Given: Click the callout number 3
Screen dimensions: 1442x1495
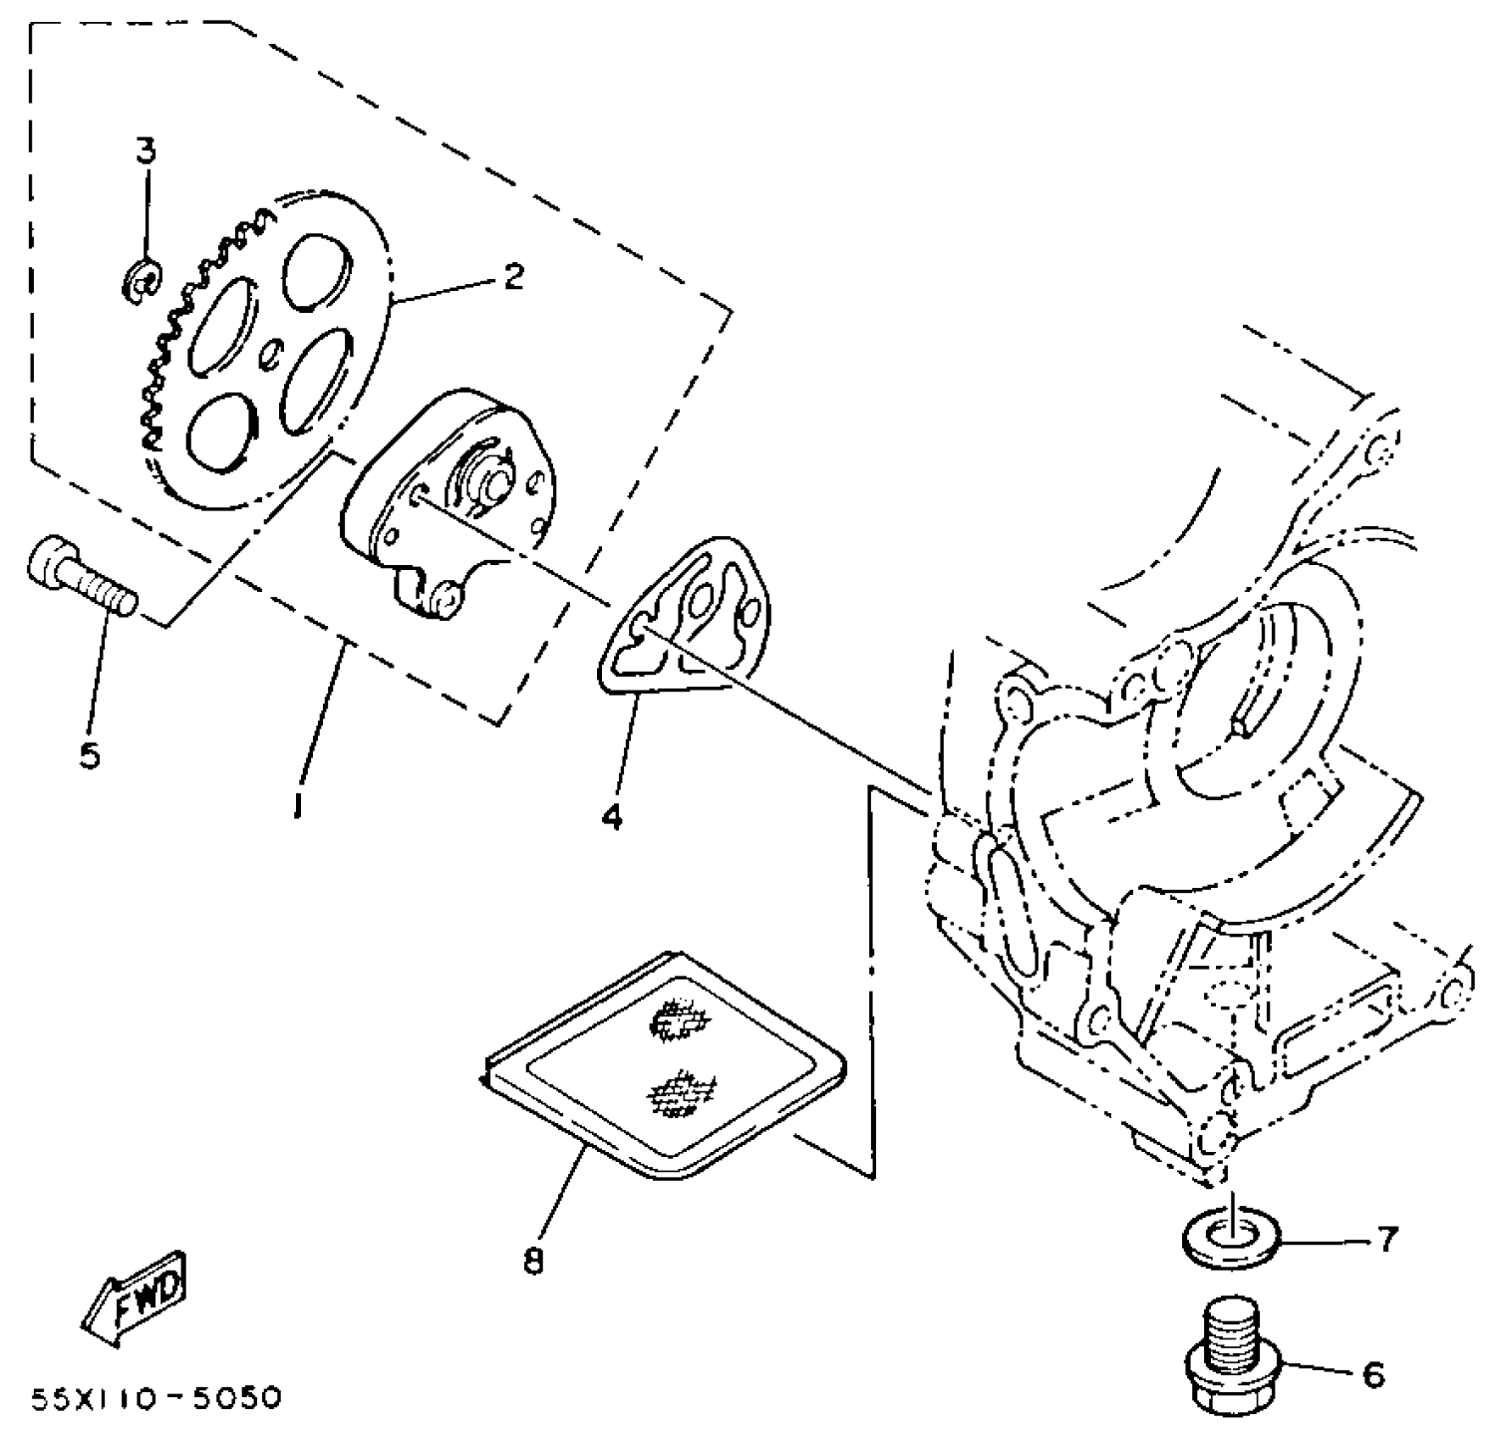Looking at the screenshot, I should coord(146,153).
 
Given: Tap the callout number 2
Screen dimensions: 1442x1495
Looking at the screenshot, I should coord(514,277).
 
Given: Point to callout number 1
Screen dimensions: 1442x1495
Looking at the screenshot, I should coord(297,802).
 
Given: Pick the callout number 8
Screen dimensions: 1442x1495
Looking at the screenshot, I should coord(533,1262).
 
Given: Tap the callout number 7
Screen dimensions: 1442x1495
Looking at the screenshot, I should coord(1386,1241).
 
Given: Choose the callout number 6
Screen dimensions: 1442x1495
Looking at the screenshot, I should coord(1373,1375).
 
